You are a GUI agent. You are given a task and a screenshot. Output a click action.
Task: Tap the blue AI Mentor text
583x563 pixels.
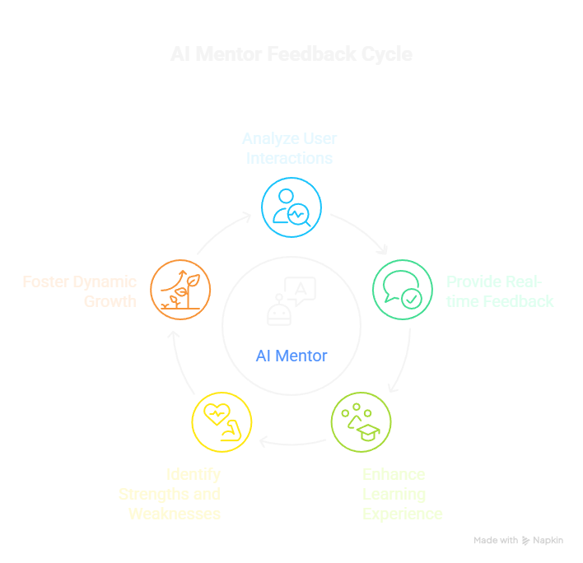[x=291, y=356]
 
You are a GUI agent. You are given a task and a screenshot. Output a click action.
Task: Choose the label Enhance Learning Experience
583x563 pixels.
[x=402, y=494]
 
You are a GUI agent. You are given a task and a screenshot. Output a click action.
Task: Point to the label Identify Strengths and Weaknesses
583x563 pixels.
[x=170, y=494]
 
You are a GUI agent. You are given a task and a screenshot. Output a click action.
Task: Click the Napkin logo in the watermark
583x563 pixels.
[x=526, y=541]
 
